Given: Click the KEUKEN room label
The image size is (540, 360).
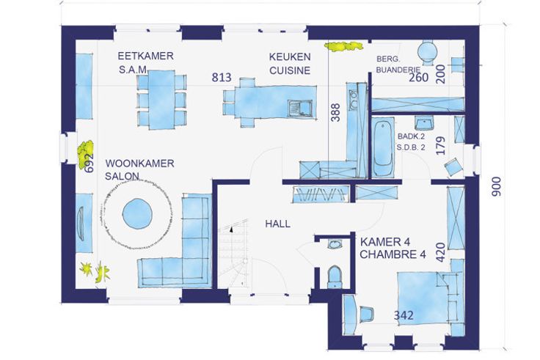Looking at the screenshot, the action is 290,56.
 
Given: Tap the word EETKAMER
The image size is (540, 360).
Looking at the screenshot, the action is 145,56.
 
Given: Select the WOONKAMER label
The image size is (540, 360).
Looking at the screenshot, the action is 139,163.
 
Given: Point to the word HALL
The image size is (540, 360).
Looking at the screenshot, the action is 277,224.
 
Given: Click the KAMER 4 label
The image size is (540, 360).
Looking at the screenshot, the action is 385,242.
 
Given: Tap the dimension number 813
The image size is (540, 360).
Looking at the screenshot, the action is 222,78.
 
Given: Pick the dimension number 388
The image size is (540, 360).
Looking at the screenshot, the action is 335,112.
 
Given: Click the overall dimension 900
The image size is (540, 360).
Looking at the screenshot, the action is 496,187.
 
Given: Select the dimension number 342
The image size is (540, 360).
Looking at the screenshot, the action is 404,315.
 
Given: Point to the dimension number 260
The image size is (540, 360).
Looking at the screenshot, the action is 418,78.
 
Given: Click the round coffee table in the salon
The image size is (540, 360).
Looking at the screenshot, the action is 137,213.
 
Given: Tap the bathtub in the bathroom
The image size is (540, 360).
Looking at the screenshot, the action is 382,147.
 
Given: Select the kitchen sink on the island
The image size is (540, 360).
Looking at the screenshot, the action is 300,109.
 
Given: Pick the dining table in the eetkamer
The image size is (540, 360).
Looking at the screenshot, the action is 162,100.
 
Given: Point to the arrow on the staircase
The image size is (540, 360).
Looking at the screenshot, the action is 231,229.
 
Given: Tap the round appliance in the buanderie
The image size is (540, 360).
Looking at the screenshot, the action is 428,53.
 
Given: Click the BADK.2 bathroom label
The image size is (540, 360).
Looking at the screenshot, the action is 411,136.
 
